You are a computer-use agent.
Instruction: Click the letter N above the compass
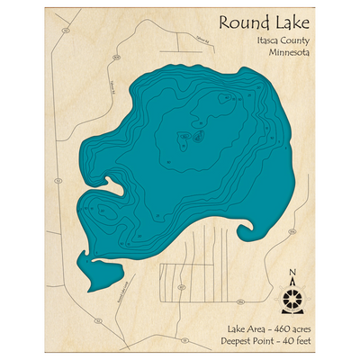coord(292,273)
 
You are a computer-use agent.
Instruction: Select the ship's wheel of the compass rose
coord(292,295)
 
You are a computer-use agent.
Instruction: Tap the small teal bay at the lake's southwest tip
coord(92,270)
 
